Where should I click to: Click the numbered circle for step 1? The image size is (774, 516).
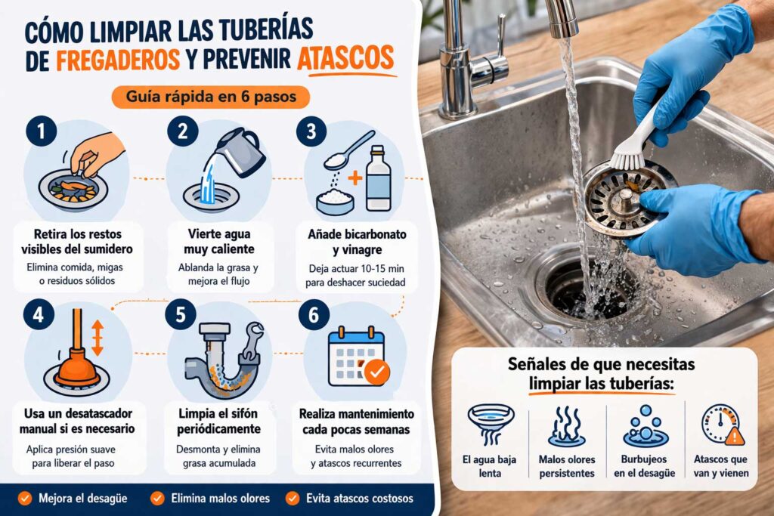coord(40,133)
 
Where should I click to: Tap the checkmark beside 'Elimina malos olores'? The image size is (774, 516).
coord(157,498)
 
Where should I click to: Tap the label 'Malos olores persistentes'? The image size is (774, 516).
coord(566,465)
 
